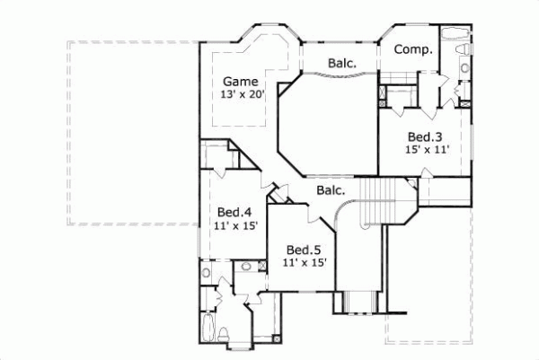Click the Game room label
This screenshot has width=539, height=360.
click(239, 80)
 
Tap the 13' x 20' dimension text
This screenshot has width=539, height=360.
click(243, 94)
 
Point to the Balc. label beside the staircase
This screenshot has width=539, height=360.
click(331, 190)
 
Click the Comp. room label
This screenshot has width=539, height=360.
click(414, 49)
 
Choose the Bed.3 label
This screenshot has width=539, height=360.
click(423, 137)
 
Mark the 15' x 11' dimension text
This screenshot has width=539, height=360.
click(426, 152)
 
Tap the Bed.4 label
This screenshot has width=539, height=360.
click(233, 212)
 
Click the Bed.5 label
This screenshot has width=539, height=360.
click(304, 249)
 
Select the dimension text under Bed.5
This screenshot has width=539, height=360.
click(304, 263)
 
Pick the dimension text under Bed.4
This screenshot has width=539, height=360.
click(237, 226)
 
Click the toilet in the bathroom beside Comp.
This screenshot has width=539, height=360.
click(464, 69)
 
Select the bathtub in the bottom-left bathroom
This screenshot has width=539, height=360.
click(208, 327)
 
